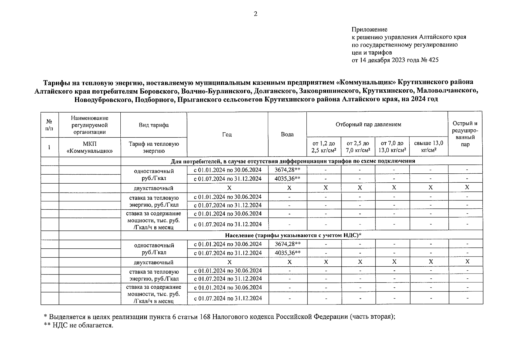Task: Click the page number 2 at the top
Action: (x=255, y=14)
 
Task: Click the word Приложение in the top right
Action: (x=369, y=29)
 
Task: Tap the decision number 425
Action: (x=434, y=60)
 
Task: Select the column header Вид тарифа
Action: (x=154, y=125)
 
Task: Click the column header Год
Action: (x=227, y=134)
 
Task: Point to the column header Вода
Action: (x=287, y=134)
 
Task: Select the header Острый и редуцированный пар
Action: (x=465, y=134)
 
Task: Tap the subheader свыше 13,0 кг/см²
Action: (x=429, y=146)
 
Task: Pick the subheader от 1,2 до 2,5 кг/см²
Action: (x=324, y=146)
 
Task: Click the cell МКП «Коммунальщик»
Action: (x=90, y=147)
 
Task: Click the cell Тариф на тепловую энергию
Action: (x=154, y=147)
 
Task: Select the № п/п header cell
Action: (x=50, y=125)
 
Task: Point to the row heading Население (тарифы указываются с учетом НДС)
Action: (x=293, y=235)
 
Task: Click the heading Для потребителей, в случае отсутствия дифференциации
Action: (x=293, y=161)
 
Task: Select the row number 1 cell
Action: (x=49, y=147)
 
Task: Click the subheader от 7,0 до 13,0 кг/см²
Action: (x=392, y=146)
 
